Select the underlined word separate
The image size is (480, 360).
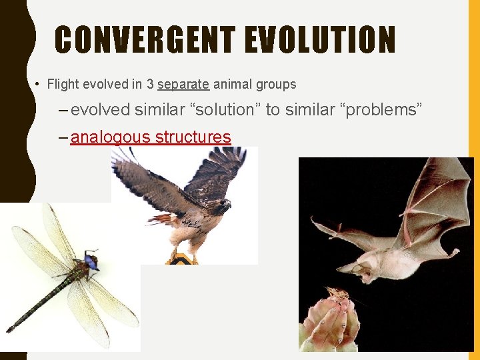(x=183, y=85)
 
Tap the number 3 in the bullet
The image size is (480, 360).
(x=151, y=85)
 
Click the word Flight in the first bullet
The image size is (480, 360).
(x=63, y=85)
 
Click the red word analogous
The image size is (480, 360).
(x=110, y=137)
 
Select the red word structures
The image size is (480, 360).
(x=193, y=137)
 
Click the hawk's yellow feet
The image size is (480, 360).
(x=183, y=255)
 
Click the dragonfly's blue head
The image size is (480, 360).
(x=91, y=261)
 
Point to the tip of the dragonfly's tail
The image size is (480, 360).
(x=9, y=329)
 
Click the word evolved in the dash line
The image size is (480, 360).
(x=100, y=110)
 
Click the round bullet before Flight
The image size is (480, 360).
(x=37, y=85)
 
